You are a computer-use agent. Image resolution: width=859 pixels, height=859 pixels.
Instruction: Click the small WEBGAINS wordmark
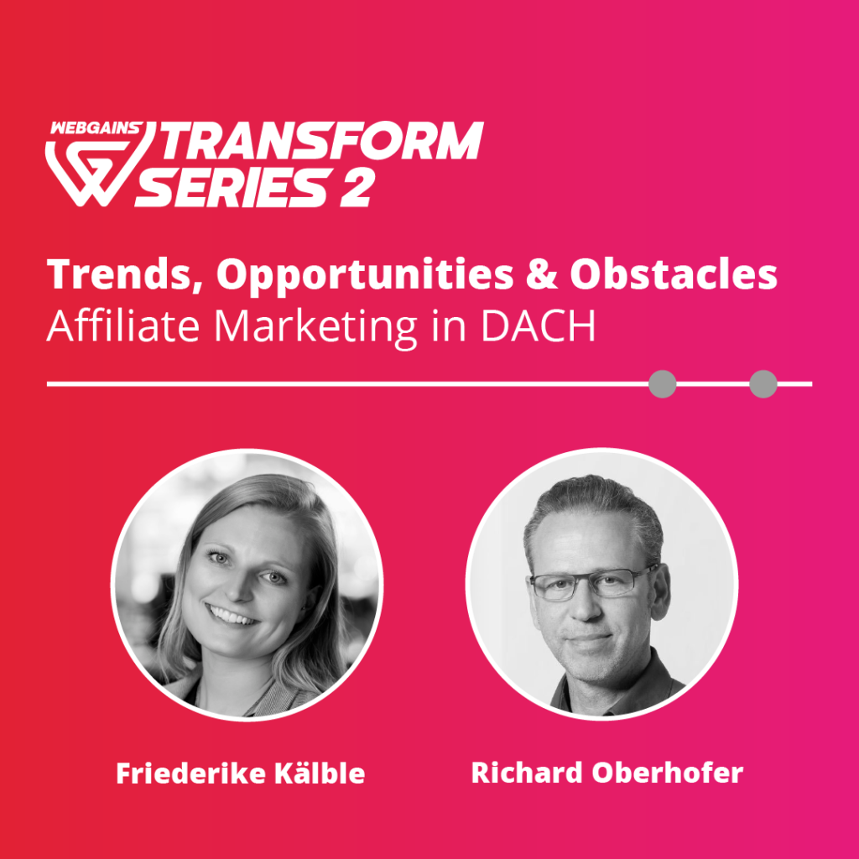point(96,128)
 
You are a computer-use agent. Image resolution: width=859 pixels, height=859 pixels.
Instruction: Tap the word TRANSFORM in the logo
point(321,141)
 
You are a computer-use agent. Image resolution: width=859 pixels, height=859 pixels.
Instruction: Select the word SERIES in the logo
point(234,187)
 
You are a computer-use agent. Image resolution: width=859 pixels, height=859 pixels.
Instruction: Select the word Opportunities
point(365,276)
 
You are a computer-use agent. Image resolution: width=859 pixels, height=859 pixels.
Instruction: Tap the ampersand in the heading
point(542,274)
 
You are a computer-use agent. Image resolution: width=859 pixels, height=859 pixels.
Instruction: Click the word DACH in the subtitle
point(538,326)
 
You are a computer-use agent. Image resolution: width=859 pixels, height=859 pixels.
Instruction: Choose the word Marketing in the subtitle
point(315,328)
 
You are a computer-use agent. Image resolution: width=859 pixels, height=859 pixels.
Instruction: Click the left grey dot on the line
point(663,384)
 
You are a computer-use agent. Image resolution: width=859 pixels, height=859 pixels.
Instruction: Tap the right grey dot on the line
point(763,384)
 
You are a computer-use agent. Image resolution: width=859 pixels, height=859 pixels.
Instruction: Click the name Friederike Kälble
point(241,773)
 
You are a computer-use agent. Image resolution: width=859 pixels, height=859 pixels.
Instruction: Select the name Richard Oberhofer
point(607,773)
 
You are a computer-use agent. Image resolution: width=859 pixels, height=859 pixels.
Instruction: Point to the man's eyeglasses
point(593,583)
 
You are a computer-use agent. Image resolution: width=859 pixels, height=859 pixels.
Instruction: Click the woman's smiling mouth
point(230,617)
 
